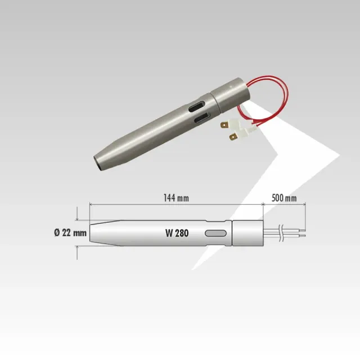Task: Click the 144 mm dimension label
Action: click(x=176, y=198)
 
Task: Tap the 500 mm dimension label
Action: click(x=284, y=198)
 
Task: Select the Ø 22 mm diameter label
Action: click(x=70, y=233)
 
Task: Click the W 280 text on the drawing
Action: click(x=177, y=233)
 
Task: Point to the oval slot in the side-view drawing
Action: click(x=215, y=233)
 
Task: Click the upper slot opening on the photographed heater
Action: click(x=196, y=106)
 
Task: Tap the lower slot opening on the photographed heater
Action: click(x=202, y=118)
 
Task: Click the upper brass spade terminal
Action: click(x=224, y=125)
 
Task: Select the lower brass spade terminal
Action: click(x=233, y=137)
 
